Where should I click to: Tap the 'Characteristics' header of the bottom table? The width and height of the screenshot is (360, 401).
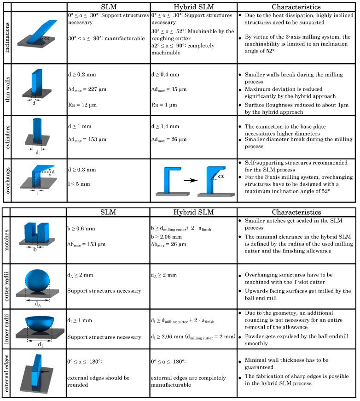(296, 212)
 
